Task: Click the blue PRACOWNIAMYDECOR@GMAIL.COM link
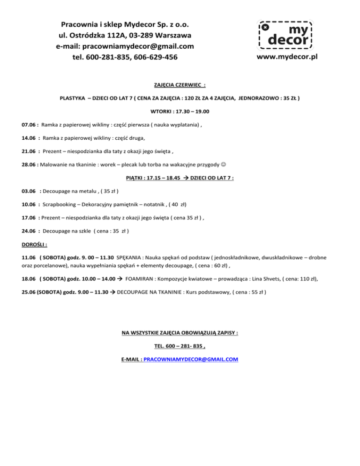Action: click(191, 359)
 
